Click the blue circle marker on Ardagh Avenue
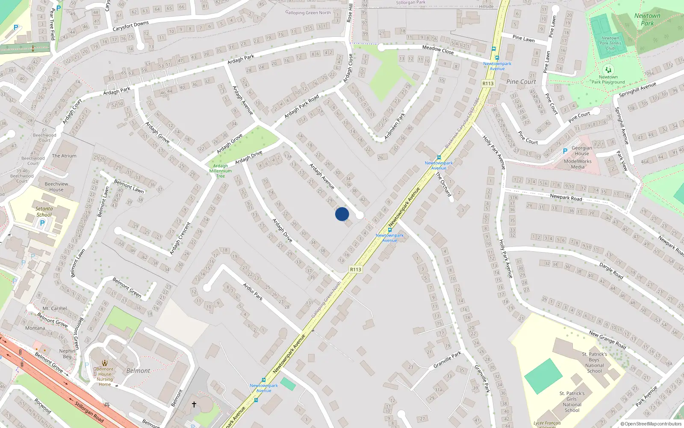tap(342, 214)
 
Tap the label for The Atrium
tap(64, 156)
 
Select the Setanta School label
tap(44, 212)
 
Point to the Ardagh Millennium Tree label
tap(221, 171)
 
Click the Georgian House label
tap(582, 151)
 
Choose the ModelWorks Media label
tap(578, 164)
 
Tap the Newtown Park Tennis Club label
tap(610, 43)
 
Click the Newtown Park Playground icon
tap(608, 69)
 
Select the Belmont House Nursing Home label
tap(105, 377)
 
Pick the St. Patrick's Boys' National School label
tap(594, 363)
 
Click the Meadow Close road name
tap(438, 50)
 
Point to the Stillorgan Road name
tap(89, 412)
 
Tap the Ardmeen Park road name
tap(394, 126)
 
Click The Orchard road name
tap(443, 184)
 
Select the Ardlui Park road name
tap(253, 291)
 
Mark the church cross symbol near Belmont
tap(194, 404)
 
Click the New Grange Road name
tap(607, 340)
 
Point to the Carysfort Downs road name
tap(130, 26)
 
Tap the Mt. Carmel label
tap(55, 308)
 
